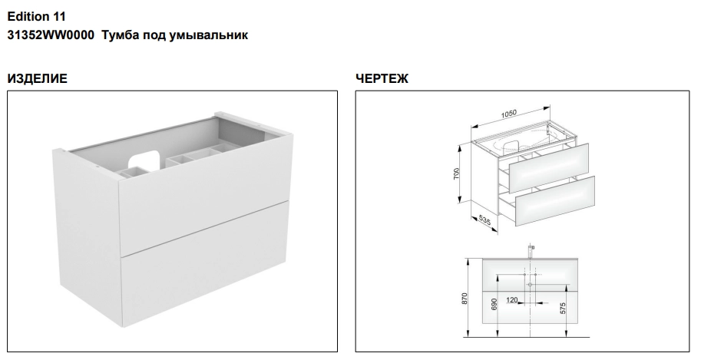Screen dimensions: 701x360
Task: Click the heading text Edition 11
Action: tap(37, 17)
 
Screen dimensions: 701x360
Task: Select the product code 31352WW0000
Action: tap(51, 35)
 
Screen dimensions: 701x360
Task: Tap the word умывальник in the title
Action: tap(209, 35)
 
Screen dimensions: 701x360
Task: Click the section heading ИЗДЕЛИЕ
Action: tap(37, 79)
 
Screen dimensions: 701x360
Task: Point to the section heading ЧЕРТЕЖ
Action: tap(382, 79)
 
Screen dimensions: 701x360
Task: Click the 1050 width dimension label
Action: tap(509, 114)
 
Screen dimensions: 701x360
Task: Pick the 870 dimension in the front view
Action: tap(464, 299)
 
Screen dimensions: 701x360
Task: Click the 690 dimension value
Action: tap(494, 304)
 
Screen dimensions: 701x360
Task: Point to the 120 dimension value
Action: tap(512, 299)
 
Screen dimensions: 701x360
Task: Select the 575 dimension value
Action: tap(563, 308)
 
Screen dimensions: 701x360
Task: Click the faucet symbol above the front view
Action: tap(531, 252)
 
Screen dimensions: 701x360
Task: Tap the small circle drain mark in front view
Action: tap(531, 285)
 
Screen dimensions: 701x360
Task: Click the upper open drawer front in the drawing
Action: tap(549, 161)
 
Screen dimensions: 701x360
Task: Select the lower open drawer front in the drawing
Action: tap(555, 201)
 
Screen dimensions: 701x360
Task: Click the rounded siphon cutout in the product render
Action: tap(144, 159)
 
